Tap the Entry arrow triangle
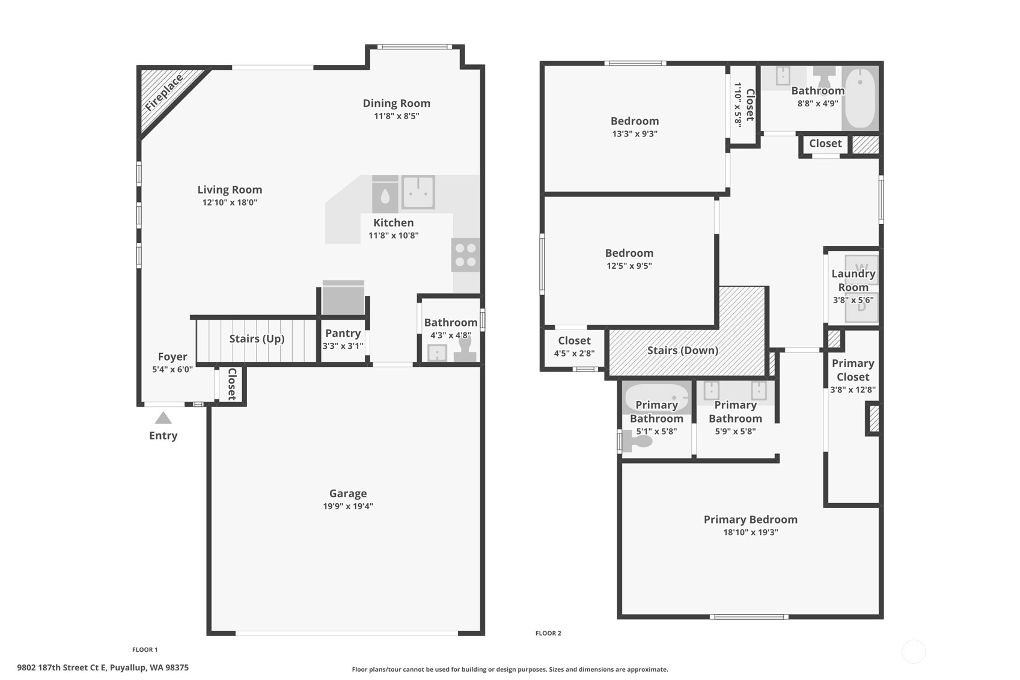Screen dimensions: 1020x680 point(163,418)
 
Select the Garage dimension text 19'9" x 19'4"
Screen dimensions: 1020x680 point(348,506)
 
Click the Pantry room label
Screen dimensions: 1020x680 point(343,333)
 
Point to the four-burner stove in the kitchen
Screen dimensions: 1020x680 point(465,255)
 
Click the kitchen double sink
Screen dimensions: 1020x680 point(418,192)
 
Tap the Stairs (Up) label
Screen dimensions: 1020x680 point(257,338)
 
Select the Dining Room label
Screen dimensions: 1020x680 point(396,103)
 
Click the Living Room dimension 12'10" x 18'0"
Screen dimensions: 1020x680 point(230,202)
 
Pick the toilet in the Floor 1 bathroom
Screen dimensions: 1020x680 point(465,351)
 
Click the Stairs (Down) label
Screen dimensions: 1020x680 point(683,351)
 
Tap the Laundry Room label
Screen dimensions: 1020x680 point(854,280)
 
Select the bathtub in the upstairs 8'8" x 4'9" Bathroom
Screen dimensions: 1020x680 point(860,97)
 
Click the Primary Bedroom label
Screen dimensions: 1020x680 point(751,519)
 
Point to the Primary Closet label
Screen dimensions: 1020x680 point(853,370)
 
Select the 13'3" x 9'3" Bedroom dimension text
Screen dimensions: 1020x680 point(635,134)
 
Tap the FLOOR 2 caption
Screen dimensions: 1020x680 point(548,633)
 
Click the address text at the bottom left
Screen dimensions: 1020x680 point(103,668)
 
